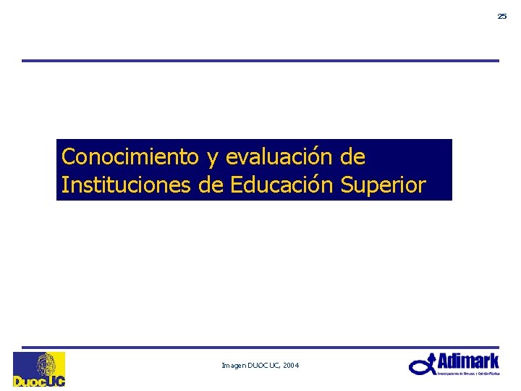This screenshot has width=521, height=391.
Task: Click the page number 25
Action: point(501,16)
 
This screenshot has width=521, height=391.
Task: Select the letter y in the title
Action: point(212,158)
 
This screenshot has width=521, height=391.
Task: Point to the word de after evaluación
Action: point(353,156)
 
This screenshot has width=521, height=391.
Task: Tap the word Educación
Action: point(281,185)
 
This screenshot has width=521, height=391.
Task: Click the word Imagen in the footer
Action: point(234,366)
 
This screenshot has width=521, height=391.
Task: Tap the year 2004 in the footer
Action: point(291,366)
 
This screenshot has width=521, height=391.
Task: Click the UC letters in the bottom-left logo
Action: point(56,380)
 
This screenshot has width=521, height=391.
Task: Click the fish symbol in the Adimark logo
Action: point(423,365)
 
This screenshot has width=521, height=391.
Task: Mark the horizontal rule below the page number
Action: point(260,61)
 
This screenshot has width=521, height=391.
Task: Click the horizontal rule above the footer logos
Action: point(260,348)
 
